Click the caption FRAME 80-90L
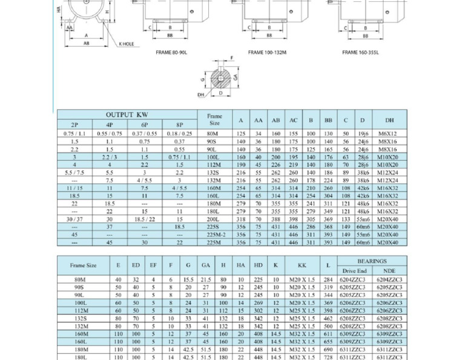171,52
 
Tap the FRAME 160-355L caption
360,52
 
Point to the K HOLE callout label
127,44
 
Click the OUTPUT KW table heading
127,115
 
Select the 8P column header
179,125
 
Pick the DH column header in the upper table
389,120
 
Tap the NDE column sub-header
389,271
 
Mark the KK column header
302,265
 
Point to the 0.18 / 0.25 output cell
179,133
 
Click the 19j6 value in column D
362,133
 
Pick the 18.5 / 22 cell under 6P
144,219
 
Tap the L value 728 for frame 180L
328,358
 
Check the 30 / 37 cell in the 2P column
74,219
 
